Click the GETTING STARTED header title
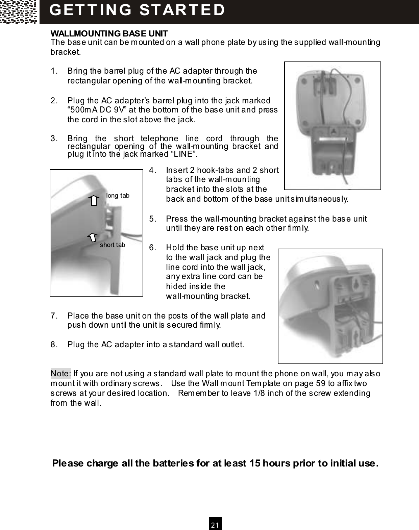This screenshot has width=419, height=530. pyautogui.click(x=137, y=10)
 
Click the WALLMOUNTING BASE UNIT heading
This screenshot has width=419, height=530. pyautogui.click(x=109, y=34)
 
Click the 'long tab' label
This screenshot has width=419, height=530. pyautogui.click(x=118, y=196)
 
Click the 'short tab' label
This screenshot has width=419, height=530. pyautogui.click(x=112, y=245)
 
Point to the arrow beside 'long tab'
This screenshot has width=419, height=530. pyautogui.click(x=94, y=200)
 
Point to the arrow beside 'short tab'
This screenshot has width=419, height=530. pyautogui.click(x=93, y=237)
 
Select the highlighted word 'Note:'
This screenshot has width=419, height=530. pyautogui.click(x=61, y=374)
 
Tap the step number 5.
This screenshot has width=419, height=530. pyautogui.click(x=152, y=219)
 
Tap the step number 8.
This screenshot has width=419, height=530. pyautogui.click(x=53, y=345)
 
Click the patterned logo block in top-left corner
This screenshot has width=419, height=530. pyautogui.click(x=19, y=12)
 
